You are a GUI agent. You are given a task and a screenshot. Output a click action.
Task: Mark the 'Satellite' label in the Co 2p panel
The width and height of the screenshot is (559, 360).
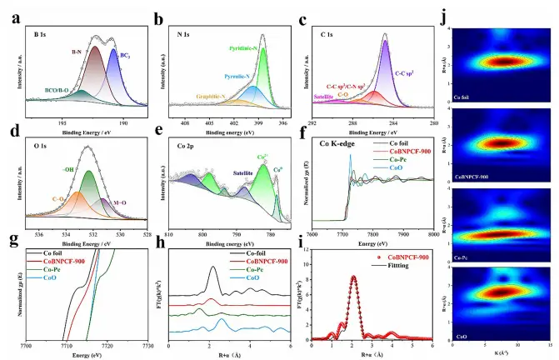tap(242, 175)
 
